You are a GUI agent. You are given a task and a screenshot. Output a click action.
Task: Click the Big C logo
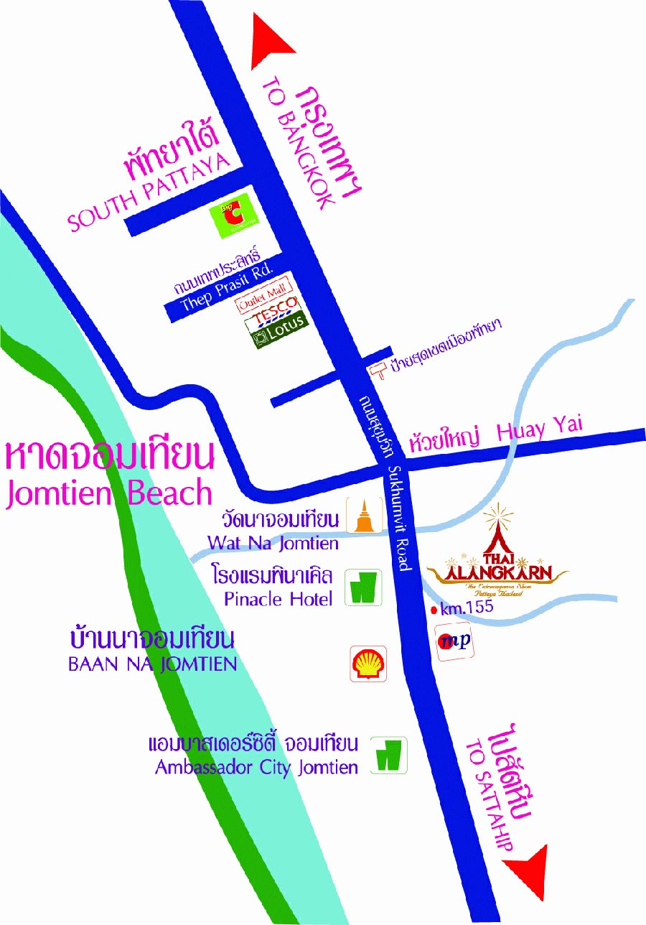point(230,215)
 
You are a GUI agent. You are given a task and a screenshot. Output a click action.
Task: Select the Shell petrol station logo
point(368,664)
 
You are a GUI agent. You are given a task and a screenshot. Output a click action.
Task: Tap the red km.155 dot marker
point(434,610)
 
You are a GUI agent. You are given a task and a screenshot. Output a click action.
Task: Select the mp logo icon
point(455,642)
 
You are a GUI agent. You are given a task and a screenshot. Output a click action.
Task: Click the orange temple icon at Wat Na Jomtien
point(365,516)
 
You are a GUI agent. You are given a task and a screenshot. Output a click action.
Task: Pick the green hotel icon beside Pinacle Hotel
point(363,587)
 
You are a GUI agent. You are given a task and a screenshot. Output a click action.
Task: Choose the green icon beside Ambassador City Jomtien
point(389,755)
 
